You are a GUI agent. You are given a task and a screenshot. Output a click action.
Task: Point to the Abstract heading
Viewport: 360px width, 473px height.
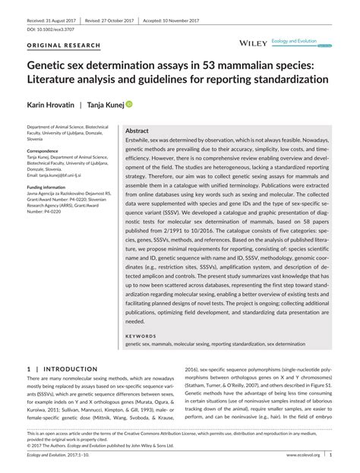[x=137, y=131]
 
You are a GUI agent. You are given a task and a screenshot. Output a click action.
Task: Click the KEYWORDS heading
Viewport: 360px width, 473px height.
[x=141, y=336]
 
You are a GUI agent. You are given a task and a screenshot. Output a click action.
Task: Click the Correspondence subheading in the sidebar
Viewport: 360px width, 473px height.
[x=43, y=151]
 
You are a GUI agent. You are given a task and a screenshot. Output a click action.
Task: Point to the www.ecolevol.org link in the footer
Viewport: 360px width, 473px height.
[x=302, y=456]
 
